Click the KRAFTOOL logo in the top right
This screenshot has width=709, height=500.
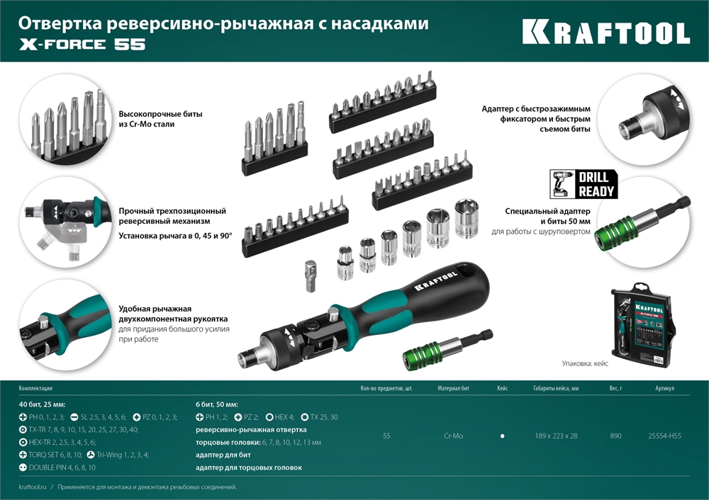(606, 33)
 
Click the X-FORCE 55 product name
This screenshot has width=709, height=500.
(82, 45)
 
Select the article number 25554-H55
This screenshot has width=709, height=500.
(664, 436)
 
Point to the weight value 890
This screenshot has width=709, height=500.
(615, 436)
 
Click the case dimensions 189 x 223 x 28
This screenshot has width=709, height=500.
(556, 436)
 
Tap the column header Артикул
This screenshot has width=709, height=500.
(665, 388)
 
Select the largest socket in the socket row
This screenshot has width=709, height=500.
(467, 218)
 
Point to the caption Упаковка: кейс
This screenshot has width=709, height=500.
(585, 363)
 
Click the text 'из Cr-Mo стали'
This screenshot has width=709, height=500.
(146, 124)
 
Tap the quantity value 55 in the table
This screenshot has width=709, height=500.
(386, 436)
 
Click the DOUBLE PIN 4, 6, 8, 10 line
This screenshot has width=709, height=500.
(64, 467)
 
